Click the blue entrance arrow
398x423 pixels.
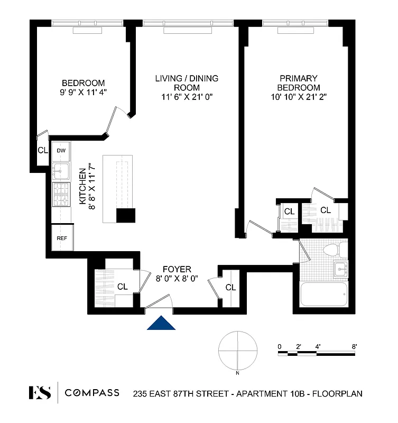coord(162,323)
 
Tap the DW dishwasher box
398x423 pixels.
coord(61,151)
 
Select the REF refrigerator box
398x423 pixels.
coord(61,238)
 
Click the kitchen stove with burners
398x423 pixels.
coord(61,194)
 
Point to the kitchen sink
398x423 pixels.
coord(61,170)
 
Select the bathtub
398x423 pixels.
coord(323,294)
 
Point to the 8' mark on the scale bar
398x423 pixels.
coord(354,346)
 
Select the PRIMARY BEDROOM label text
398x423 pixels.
coord(300,83)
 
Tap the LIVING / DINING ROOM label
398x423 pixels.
coord(187,83)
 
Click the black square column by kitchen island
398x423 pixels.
coord(126,216)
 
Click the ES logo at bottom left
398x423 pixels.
coord(40,393)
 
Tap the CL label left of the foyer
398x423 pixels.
coord(123,287)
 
